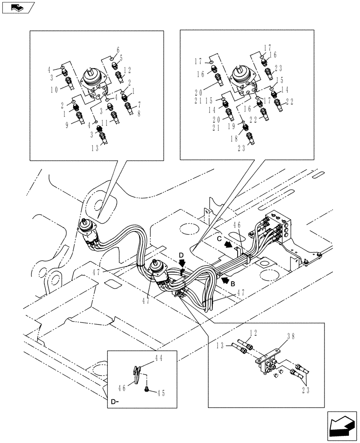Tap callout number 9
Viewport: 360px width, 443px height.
click(67, 126)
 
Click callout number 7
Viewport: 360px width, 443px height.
click(139, 105)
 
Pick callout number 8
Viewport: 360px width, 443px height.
click(139, 113)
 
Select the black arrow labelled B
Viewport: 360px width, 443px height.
click(226, 280)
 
